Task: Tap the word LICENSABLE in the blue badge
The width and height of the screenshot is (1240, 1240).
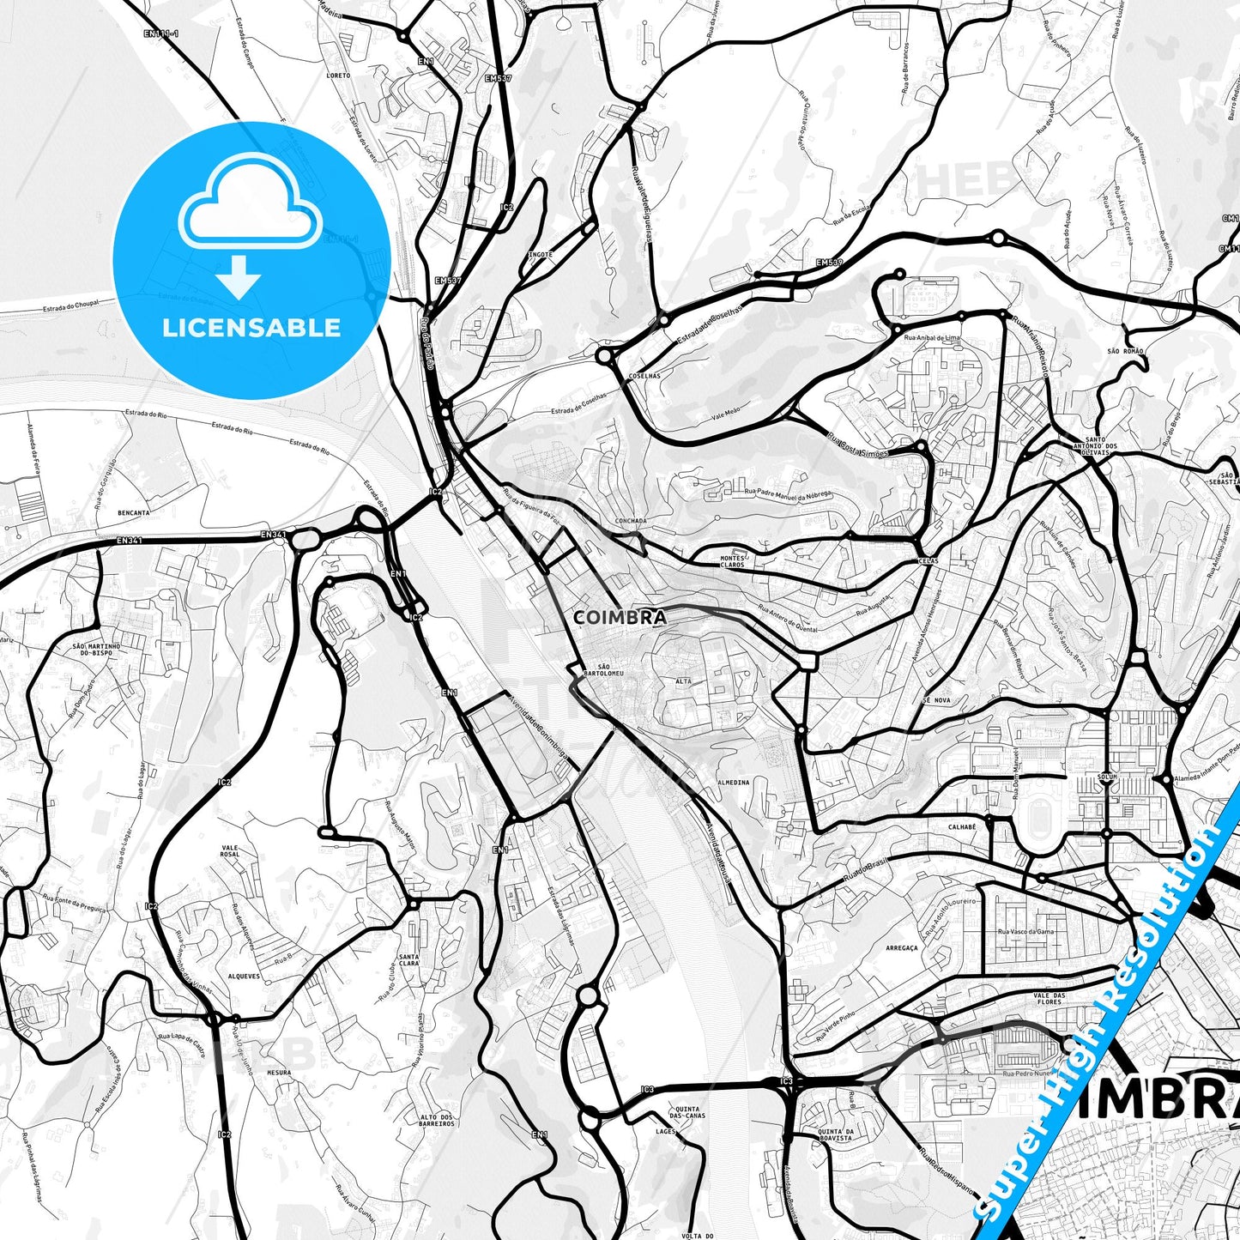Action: point(251,327)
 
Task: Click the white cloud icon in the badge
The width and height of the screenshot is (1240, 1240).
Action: point(250,206)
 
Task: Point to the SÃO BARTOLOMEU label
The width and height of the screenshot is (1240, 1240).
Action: point(597,670)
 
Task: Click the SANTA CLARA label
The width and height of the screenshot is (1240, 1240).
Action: point(408,959)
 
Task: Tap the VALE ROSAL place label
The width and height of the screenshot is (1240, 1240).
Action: point(230,851)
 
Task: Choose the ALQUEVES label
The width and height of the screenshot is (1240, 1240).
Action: point(244,977)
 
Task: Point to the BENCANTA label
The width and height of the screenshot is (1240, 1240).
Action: point(134,512)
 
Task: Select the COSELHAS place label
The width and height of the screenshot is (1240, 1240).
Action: point(644,376)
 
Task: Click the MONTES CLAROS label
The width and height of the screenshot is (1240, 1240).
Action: point(732,560)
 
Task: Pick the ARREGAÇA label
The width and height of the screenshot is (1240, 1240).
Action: point(901,948)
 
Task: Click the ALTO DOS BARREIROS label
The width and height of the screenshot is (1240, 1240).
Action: point(437,1119)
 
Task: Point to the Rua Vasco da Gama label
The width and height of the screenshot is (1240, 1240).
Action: point(1025,931)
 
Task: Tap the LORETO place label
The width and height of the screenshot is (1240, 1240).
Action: point(339,76)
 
